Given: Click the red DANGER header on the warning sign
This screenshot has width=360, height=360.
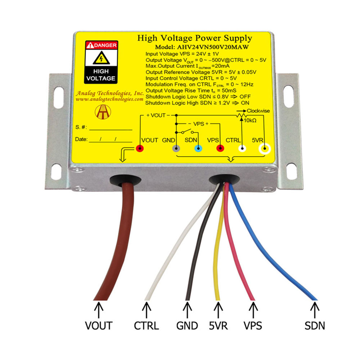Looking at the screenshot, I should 101,45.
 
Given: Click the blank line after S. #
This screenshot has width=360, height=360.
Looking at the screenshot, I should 111,128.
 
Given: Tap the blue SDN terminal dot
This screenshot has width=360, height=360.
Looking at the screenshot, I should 198,148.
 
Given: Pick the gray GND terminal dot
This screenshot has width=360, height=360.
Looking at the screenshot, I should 176,148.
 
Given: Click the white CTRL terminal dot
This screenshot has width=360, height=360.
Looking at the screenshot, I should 242,148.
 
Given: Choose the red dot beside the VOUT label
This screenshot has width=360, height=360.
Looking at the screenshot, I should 140,148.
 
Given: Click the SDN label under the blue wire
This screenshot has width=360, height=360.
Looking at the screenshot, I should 315,326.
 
